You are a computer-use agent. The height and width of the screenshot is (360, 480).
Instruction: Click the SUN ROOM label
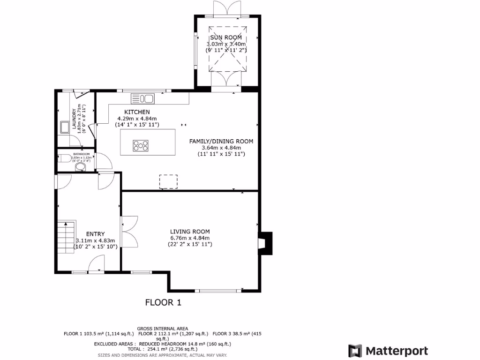pyautogui.click(x=226, y=37)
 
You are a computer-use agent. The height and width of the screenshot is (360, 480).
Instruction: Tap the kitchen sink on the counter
pyautogui.click(x=143, y=98)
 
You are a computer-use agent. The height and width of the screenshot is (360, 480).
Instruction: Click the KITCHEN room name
pyautogui.click(x=137, y=112)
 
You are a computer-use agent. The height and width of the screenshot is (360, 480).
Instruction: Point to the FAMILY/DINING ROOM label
pyautogui.click(x=221, y=141)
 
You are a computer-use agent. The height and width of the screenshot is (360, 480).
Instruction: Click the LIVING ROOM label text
pyautogui.click(x=190, y=232)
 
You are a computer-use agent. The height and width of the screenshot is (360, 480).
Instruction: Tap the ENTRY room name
pyautogui.click(x=96, y=234)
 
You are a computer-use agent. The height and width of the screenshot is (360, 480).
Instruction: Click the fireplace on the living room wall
pyautogui.click(x=265, y=243)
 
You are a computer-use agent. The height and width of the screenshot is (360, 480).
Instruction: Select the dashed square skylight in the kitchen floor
pyautogui.click(x=169, y=182)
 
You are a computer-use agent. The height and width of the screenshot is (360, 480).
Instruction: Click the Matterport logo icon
pyautogui.click(x=355, y=351)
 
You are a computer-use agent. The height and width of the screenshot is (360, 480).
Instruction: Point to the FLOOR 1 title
pyautogui.click(x=163, y=302)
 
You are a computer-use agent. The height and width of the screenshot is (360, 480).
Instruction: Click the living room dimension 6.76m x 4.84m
pyautogui.click(x=190, y=238)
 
